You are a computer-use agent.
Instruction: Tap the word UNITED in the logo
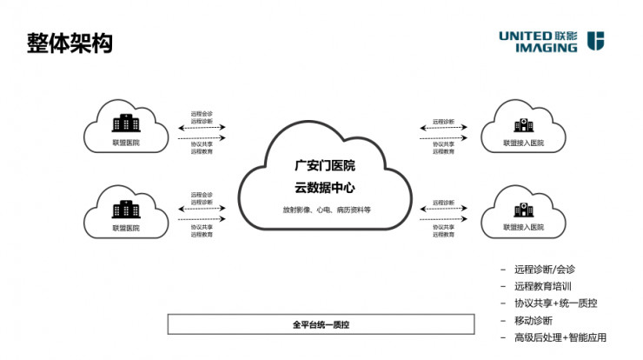click(524, 36)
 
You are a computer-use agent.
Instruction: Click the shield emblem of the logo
click(596, 41)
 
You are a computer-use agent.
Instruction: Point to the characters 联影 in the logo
click(565, 36)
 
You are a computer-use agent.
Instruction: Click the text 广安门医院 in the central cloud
click(325, 165)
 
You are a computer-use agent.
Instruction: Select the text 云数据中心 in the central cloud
click(325, 187)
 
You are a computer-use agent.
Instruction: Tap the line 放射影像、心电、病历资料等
click(325, 210)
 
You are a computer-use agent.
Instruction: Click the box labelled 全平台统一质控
click(321, 324)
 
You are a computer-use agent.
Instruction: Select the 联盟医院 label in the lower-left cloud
click(125, 228)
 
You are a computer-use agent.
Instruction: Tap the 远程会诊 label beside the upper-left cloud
click(202, 113)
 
